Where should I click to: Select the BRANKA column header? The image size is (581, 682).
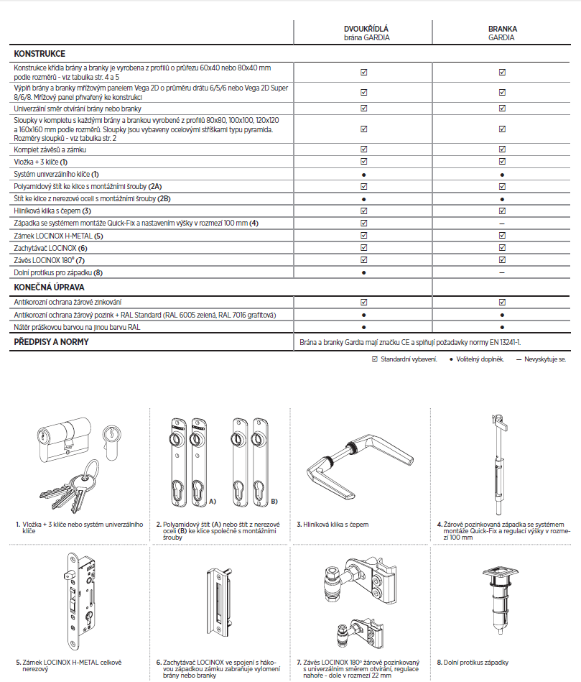pos(502,29)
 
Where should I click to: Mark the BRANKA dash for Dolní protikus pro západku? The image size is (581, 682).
pos(502,273)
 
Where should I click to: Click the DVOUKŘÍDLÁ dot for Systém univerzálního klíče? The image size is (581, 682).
pos(363,175)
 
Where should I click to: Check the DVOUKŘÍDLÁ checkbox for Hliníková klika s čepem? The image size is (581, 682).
pos(363,211)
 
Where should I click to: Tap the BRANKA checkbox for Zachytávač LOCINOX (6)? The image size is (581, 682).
pos(502,248)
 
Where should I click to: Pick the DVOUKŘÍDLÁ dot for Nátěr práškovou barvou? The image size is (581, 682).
pos(363,327)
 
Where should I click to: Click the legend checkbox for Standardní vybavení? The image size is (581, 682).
pos(374,358)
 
